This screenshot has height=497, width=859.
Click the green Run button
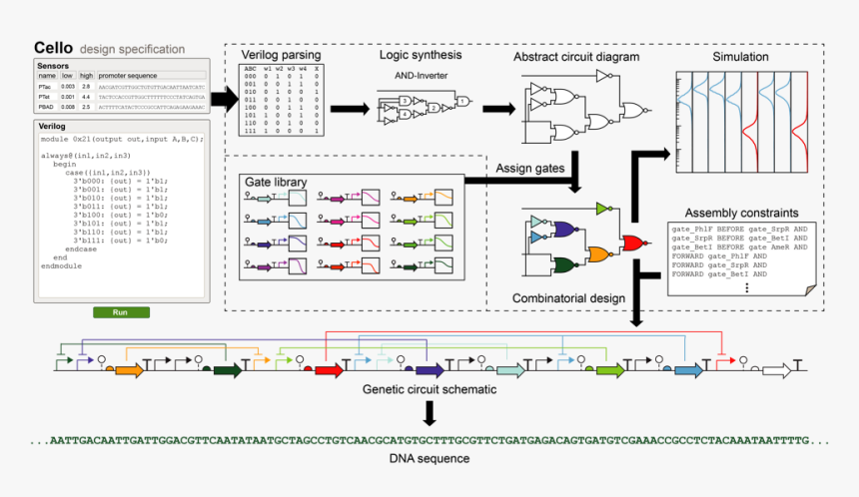click(x=121, y=312)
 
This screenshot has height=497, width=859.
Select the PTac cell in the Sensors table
click(x=46, y=88)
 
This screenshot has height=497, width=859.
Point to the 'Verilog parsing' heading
click(x=281, y=56)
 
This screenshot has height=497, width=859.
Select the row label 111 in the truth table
click(x=250, y=131)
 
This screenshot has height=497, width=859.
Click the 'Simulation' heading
click(x=740, y=57)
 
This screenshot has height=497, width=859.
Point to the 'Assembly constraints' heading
click(x=741, y=213)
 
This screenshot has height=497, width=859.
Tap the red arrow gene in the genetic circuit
click(x=329, y=371)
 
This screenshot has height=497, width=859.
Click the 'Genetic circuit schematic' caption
click(x=429, y=390)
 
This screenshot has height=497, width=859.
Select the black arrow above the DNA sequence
click(x=429, y=413)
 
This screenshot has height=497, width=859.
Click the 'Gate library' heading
click(x=276, y=183)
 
